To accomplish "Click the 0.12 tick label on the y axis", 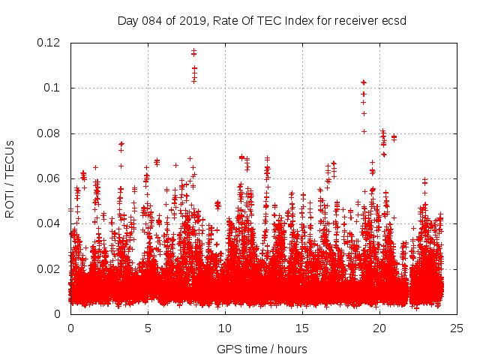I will (x=49, y=43).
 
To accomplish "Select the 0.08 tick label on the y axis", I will (x=49, y=133).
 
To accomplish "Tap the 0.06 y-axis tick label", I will (x=49, y=178).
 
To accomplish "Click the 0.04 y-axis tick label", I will (x=49, y=223).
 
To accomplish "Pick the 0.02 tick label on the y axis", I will (x=49, y=268).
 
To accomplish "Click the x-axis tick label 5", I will (x=148, y=328).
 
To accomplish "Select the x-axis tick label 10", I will (x=225, y=328).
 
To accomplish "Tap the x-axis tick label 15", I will (x=302, y=328).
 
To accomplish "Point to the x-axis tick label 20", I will (x=379, y=328).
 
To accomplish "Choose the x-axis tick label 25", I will (x=457, y=328).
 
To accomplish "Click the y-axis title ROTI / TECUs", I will (x=10, y=178).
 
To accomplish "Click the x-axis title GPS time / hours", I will (x=262, y=349).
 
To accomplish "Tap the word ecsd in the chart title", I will (x=393, y=20).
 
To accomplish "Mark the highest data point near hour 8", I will (x=193, y=51).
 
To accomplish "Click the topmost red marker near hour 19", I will (x=364, y=82).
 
